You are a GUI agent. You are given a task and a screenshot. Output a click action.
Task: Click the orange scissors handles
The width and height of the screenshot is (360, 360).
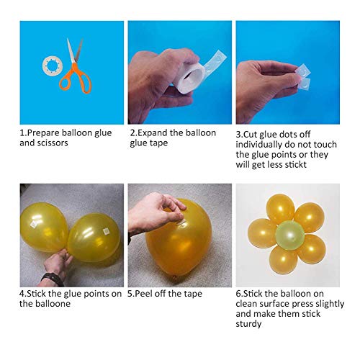(76, 79)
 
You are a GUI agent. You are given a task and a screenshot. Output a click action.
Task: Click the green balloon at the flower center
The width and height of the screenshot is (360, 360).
(290, 234)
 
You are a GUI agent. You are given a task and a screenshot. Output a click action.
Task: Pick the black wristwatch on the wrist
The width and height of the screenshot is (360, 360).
(53, 279)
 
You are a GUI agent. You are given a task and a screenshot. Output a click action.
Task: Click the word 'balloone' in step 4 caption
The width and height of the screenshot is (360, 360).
(53, 304)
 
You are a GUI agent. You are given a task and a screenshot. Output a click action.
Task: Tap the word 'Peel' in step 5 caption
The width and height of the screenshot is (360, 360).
(143, 294)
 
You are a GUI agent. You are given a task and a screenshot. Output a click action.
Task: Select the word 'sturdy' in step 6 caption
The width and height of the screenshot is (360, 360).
(248, 324)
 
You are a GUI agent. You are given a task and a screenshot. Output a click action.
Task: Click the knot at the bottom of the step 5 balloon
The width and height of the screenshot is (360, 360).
(175, 278)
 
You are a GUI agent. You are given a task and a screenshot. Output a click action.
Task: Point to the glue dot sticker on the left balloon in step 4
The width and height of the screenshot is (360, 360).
(34, 224)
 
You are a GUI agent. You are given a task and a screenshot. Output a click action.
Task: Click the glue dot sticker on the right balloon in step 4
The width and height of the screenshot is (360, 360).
(106, 231)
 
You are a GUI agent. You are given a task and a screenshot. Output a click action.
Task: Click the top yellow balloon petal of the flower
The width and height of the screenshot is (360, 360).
(280, 208)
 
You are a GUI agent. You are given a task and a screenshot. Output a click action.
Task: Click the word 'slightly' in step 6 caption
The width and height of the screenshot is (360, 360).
(330, 304)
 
